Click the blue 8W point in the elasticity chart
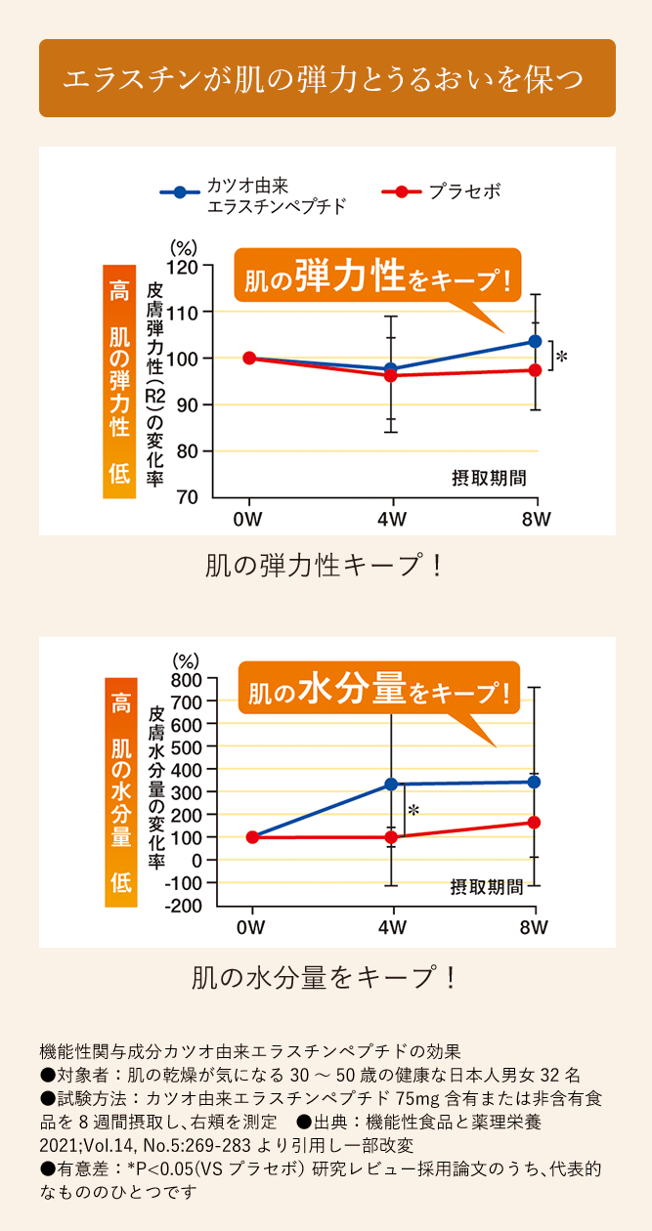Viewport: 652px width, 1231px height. tap(535, 341)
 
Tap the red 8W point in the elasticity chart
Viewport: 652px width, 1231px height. tap(535, 370)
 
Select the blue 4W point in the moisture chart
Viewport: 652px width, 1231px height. tap(391, 784)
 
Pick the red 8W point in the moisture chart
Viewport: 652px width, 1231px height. tap(534, 823)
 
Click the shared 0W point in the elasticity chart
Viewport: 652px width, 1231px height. tap(249, 358)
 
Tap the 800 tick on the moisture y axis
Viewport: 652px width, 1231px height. tap(186, 679)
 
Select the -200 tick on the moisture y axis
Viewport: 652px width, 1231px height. tap(184, 906)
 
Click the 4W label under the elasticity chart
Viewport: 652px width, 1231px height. tap(392, 519)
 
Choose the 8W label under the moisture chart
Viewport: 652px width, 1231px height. tap(534, 927)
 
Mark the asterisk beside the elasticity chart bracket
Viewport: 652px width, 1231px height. tap(561, 359)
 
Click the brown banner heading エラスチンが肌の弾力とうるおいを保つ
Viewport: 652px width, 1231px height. tap(326, 79)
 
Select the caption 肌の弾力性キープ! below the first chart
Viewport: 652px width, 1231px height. tap(326, 566)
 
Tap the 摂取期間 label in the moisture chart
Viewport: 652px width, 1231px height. tap(487, 887)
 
